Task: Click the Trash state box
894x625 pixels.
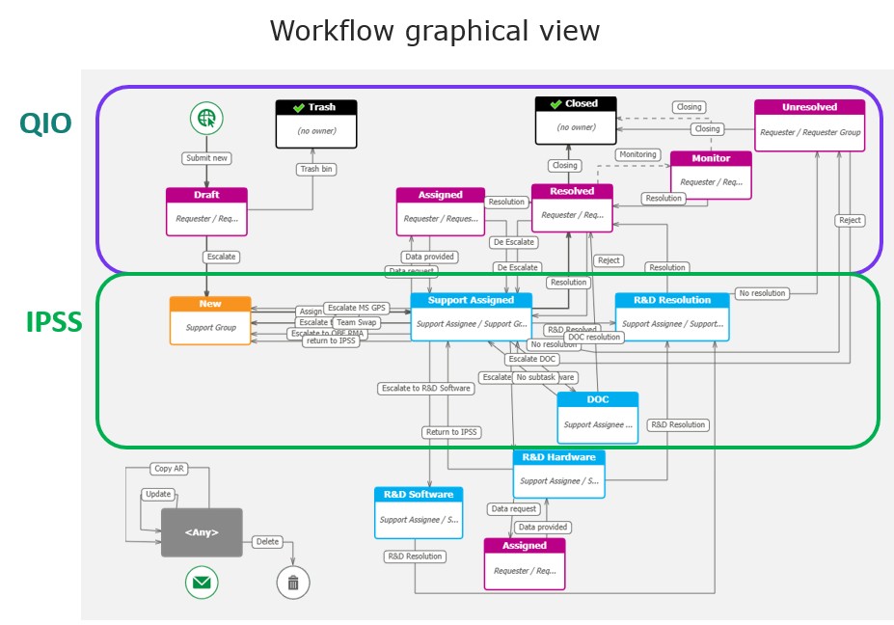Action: pyautogui.click(x=316, y=124)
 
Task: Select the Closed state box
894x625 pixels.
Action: pyautogui.click(x=576, y=122)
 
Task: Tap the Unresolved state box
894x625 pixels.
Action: pyautogui.click(x=809, y=125)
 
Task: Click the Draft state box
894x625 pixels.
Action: pyautogui.click(x=206, y=211)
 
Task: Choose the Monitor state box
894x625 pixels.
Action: pyautogui.click(x=711, y=175)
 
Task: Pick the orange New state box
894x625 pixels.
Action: pyautogui.click(x=210, y=320)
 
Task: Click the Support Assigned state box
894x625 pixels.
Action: pyautogui.click(x=471, y=316)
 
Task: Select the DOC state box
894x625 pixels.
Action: pyautogui.click(x=597, y=418)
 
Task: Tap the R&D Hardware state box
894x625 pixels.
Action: pyautogui.click(x=558, y=474)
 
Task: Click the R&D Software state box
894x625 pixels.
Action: pyautogui.click(x=419, y=512)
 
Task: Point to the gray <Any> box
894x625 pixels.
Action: pyautogui.click(x=202, y=532)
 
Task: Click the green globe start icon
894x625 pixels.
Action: pyautogui.click(x=205, y=119)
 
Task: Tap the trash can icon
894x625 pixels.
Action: pyautogui.click(x=293, y=582)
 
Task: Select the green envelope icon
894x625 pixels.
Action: pyautogui.click(x=202, y=582)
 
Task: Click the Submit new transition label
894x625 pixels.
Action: pyautogui.click(x=206, y=158)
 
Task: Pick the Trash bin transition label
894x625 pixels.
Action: pyautogui.click(x=316, y=169)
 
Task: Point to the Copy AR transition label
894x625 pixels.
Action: pyautogui.click(x=169, y=469)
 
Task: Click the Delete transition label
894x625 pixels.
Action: pyautogui.click(x=267, y=541)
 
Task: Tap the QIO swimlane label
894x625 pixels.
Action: pyautogui.click(x=45, y=123)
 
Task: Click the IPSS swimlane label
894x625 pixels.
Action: pyautogui.click(x=54, y=323)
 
